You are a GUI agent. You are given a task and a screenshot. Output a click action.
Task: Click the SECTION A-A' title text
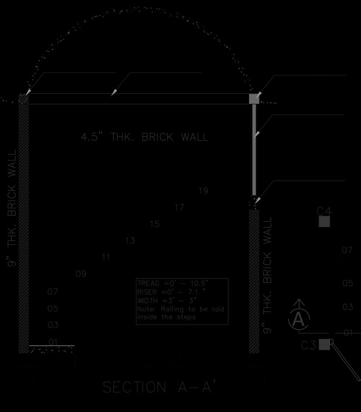tap(159, 388)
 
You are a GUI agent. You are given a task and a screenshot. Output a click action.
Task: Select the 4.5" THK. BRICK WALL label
tap(145, 137)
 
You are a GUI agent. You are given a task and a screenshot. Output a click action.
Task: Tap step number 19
tap(203, 191)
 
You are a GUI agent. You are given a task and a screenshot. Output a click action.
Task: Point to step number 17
tap(179, 207)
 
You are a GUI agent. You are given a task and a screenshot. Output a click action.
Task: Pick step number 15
tap(154, 224)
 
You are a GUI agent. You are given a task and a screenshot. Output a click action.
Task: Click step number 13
tap(130, 241)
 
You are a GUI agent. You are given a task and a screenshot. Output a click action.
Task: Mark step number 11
tap(106, 257)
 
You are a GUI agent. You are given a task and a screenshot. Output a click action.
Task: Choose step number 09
tap(81, 274)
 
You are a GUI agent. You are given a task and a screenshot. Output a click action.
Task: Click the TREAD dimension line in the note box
tap(173, 283)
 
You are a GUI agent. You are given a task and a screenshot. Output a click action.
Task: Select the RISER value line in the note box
tap(171, 292)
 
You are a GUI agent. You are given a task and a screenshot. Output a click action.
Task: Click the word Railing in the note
tap(173, 309)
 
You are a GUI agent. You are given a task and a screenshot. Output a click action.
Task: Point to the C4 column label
tap(324, 211)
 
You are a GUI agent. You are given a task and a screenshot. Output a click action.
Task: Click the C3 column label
tap(308, 346)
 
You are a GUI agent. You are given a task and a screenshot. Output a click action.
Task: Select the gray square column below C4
tap(324, 222)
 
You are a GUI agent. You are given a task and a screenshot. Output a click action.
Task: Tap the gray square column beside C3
tap(324, 344)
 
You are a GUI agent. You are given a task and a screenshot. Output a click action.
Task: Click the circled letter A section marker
tap(299, 319)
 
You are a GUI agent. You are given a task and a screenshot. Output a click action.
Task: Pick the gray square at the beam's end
tap(254, 98)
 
